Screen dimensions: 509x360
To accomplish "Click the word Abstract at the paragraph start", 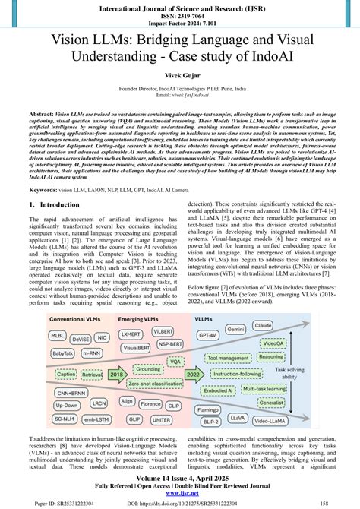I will (x=43, y=110).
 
